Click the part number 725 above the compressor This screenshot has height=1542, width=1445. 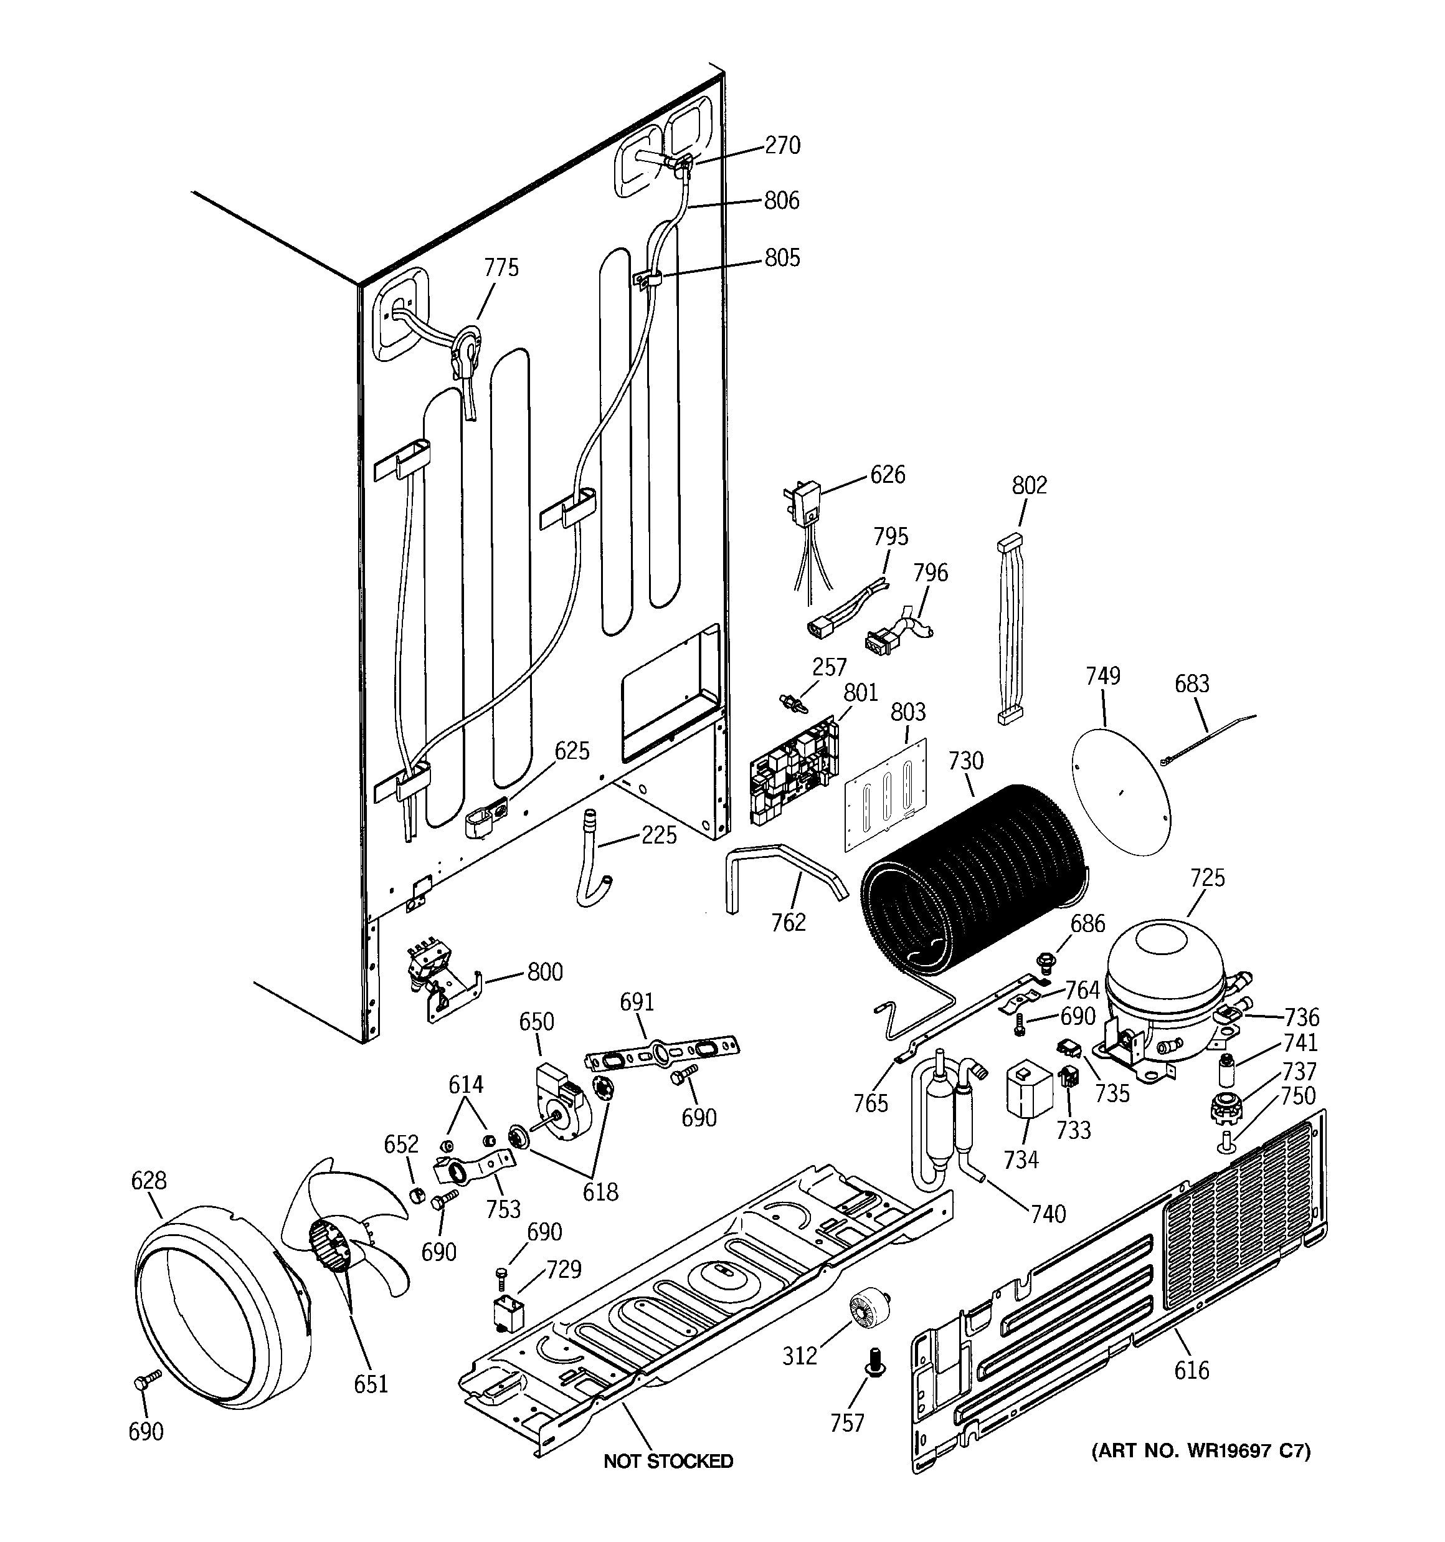1207,877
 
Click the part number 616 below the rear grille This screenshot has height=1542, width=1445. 1191,1371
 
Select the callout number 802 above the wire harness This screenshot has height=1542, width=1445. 1030,485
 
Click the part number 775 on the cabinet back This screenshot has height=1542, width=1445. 501,268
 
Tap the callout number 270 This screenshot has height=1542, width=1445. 782,145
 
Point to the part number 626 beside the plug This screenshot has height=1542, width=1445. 888,474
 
